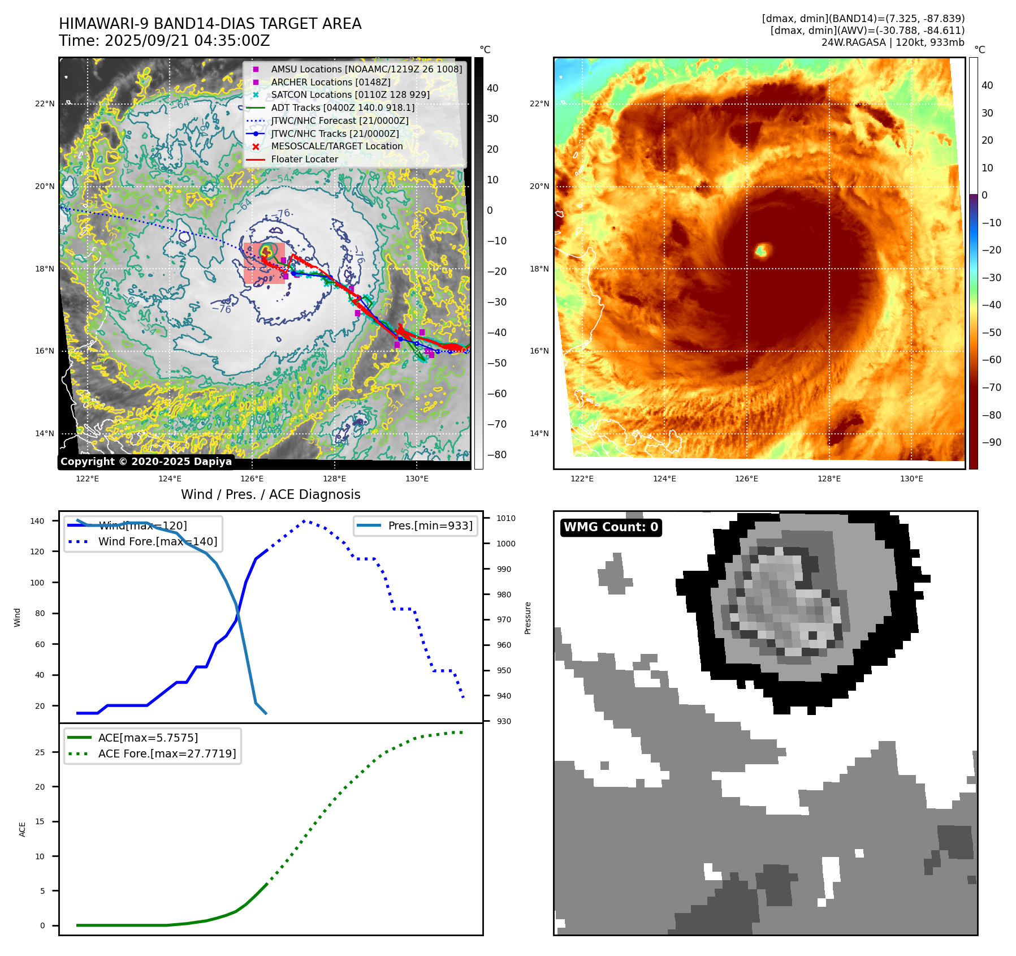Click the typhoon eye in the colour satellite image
coord(762,249)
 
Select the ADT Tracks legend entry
coord(343,107)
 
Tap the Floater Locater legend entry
coord(304,160)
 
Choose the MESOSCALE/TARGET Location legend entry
coord(337,147)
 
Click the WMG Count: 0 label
coord(611,527)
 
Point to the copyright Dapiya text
coord(146,462)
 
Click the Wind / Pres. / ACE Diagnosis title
coord(270,494)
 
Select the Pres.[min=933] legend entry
coord(430,526)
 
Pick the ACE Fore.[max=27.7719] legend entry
coord(167,753)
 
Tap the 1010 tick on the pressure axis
coord(506,518)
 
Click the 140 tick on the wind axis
coord(37,521)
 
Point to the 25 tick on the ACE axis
coord(40,752)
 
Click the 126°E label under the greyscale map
coord(252,479)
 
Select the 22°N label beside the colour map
coord(539,104)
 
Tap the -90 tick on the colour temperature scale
coord(992,442)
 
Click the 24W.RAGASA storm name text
coord(853,42)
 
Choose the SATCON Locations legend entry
coord(350,94)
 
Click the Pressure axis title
coord(528,618)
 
